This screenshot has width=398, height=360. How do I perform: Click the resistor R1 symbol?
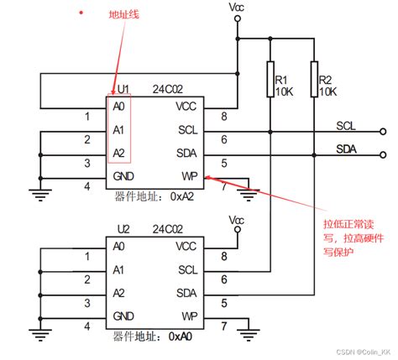pos(270,80)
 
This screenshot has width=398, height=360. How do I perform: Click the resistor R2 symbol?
pos(313,80)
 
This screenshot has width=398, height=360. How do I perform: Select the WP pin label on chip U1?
pos(188,176)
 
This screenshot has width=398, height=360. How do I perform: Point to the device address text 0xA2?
pos(182,197)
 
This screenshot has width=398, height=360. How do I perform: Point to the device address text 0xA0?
pos(182,337)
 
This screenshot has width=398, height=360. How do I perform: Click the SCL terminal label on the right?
pos(346,126)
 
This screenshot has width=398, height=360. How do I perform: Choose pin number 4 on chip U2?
pos(86,325)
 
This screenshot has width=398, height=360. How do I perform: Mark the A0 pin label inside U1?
pos(118,107)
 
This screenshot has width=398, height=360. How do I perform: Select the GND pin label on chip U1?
pos(123,176)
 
